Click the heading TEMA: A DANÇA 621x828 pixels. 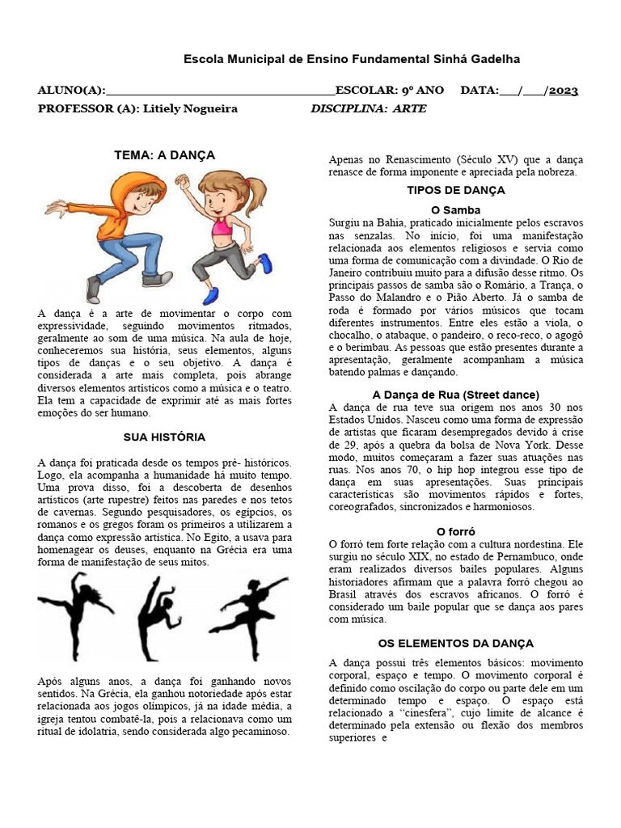pyautogui.click(x=164, y=154)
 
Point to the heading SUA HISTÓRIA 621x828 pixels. pyautogui.click(x=164, y=437)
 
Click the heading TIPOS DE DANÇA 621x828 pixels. pyautogui.click(x=456, y=190)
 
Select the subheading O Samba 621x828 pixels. pyautogui.click(x=456, y=209)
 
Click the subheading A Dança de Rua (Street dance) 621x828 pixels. pyautogui.click(x=456, y=395)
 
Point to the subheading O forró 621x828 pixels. pyautogui.click(x=456, y=531)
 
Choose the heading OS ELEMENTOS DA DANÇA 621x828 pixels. pyautogui.click(x=456, y=643)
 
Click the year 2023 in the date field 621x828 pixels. pyautogui.click(x=563, y=91)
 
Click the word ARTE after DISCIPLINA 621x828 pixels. pyautogui.click(x=409, y=108)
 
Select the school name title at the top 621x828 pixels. pyautogui.click(x=352, y=59)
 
